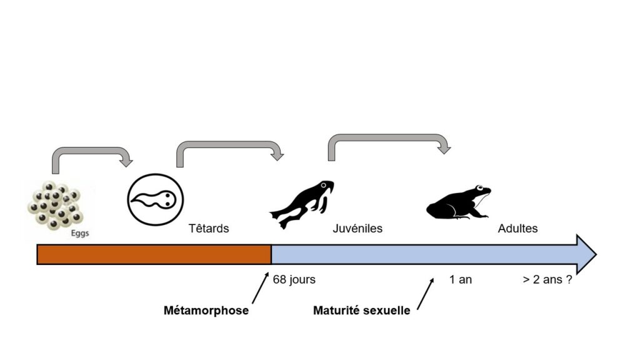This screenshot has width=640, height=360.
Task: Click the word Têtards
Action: [x=209, y=229]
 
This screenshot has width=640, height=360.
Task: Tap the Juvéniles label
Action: [x=357, y=229]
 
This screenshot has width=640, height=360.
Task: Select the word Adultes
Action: [x=517, y=229]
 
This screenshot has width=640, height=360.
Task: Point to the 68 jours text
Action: [x=294, y=279]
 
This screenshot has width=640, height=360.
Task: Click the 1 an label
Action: [x=461, y=279]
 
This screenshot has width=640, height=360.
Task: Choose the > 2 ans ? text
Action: [x=547, y=279]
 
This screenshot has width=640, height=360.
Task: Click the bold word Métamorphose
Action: [x=206, y=311]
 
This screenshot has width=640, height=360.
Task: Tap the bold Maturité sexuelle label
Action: [x=362, y=311]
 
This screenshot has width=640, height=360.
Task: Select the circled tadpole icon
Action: [x=156, y=201]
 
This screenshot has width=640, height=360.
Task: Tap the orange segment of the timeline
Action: [x=154, y=254]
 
